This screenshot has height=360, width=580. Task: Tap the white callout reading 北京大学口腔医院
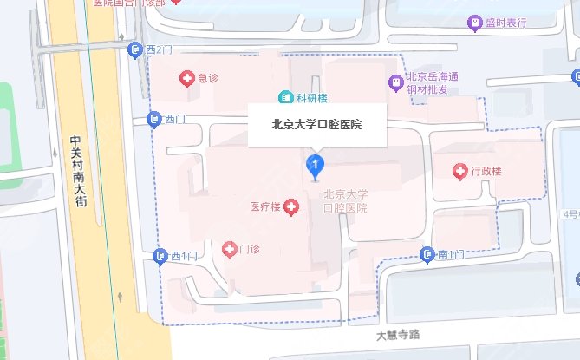pos(316,125)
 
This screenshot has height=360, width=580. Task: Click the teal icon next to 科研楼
pos(284,96)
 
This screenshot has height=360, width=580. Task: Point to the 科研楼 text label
pos(308,96)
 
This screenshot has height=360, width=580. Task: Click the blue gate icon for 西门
pos(153,119)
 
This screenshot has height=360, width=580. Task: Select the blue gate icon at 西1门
pos(160,255)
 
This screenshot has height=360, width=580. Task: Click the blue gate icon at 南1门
pos(427,254)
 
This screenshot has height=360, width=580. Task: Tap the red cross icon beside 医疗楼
pos(291,207)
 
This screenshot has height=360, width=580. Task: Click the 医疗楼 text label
pos(264,207)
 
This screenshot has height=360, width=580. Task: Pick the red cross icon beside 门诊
pos(230,250)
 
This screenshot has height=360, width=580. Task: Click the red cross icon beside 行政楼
pos(459,171)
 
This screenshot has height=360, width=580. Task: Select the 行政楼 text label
pos(486,171)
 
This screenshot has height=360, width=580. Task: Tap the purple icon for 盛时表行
pos(474,23)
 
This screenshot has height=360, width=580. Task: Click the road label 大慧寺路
pos(398,334)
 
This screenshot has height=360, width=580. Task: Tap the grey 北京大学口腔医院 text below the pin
pos(345,201)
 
